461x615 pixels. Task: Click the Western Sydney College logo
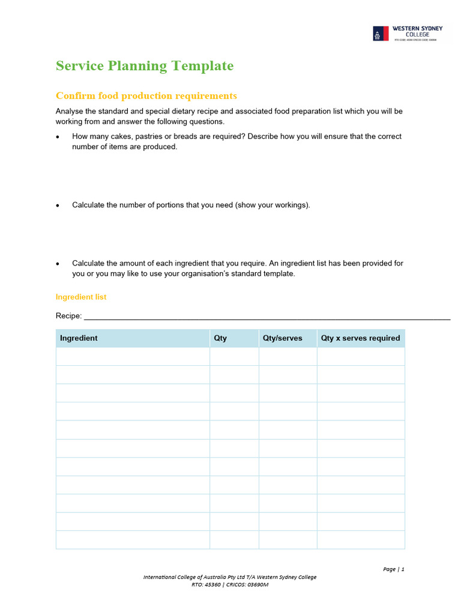408,33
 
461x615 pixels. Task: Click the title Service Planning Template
145,66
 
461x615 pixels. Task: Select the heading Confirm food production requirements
146,96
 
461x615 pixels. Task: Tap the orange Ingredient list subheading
81,297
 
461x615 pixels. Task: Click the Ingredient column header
79,338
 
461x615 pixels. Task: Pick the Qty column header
220,338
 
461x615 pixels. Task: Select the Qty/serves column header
282,338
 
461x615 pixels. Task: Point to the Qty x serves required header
360,338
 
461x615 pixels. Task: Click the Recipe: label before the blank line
68,316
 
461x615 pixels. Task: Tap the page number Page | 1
394,569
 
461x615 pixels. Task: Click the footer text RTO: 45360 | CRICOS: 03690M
230,585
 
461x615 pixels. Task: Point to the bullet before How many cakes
58,137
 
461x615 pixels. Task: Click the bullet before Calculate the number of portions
58,205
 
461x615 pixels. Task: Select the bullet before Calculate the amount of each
58,264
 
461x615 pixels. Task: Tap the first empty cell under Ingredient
133,357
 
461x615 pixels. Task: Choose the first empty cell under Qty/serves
288,357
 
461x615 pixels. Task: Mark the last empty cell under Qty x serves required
361,540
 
